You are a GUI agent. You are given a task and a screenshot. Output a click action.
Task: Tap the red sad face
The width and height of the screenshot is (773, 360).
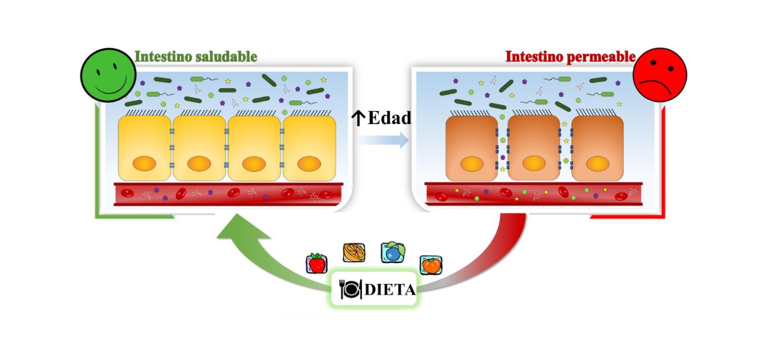point(659,75)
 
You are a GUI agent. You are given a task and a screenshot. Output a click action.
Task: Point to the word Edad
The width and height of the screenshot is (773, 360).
point(389,118)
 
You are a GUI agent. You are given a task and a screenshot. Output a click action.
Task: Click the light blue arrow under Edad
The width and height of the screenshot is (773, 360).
point(384,139)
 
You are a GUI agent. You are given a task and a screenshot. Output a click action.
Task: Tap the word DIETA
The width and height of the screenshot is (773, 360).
point(389,290)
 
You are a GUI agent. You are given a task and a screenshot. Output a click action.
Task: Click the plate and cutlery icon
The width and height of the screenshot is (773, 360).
point(350,289)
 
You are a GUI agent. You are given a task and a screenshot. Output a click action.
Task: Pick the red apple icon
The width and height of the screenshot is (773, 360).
point(317,264)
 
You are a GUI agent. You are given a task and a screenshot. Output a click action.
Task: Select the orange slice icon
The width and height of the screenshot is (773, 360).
point(354,252)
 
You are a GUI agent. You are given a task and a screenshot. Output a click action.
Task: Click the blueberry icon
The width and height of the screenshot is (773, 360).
point(392,252)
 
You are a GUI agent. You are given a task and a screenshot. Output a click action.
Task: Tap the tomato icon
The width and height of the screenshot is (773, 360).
point(431,265)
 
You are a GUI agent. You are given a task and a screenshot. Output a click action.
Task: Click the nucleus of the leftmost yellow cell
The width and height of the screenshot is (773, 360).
point(144,164)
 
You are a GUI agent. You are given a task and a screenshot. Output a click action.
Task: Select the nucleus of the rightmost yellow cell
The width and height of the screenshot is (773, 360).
point(308,164)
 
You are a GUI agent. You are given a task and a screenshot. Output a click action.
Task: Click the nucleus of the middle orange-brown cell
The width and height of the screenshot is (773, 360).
point(534,164)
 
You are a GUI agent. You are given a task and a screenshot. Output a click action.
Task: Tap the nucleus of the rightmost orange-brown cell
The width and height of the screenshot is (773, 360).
point(598,164)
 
